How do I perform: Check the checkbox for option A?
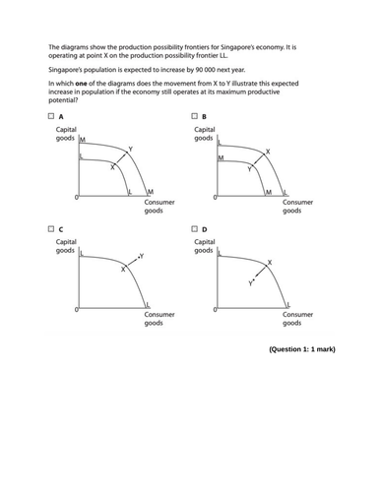(50, 119)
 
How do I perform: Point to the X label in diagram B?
(268, 152)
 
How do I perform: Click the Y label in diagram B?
(249, 169)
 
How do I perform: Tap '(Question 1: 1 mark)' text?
(300, 349)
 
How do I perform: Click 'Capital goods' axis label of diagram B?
(205, 134)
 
